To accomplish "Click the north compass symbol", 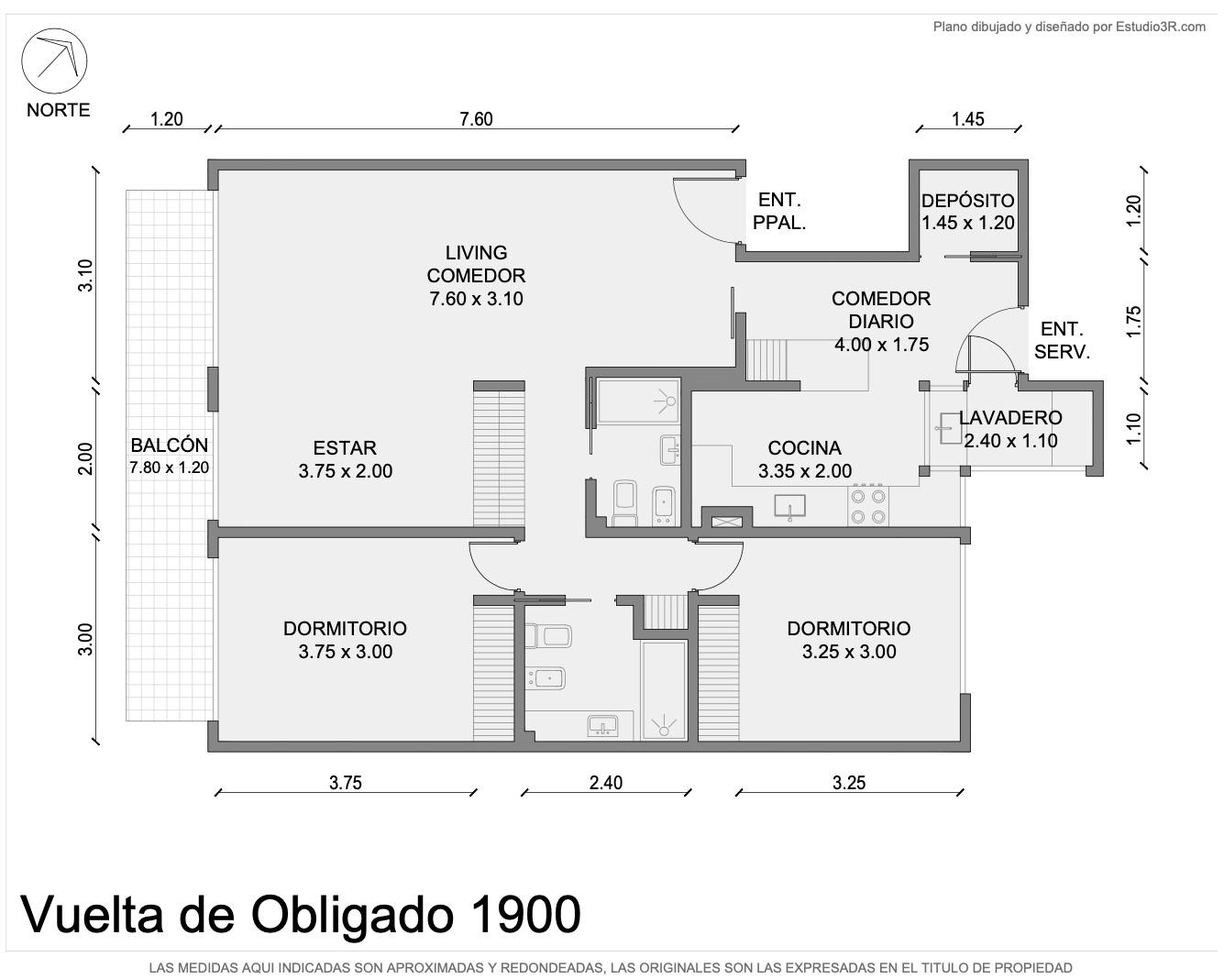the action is point(54,60).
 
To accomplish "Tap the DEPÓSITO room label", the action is point(967,212).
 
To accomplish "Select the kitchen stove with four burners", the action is point(868,506).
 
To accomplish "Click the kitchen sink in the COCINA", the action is point(789,506).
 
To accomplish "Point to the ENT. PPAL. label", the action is point(779,211).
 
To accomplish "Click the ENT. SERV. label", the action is point(1062,340).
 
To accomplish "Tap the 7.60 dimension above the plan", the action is point(476,119).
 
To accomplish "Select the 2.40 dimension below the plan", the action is point(606,783).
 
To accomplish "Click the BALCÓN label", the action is point(169,456).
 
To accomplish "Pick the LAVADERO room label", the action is point(1010,429).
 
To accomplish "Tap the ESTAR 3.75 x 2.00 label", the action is point(346,459).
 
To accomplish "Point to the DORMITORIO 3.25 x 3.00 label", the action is point(849,640).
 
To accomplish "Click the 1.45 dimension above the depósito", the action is point(968,119).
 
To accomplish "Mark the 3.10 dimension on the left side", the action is point(85,275).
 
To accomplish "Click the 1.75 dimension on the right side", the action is point(1133,322).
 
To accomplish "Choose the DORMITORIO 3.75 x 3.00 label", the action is point(346,640).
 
